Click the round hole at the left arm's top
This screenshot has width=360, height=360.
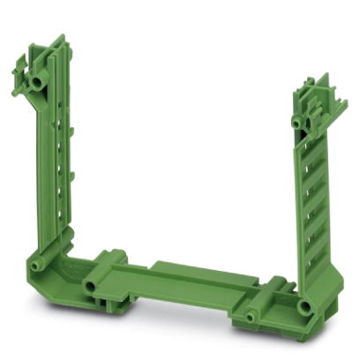[36, 81]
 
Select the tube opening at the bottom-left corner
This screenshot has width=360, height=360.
[37, 265]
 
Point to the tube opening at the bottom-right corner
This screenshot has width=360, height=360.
[305, 307]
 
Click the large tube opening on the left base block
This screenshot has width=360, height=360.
[89, 288]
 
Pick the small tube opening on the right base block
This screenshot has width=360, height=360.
[251, 315]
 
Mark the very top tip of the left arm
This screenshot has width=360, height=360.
[61, 37]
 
